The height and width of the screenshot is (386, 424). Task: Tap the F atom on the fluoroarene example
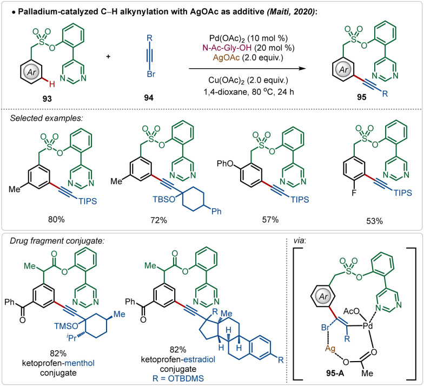pos(323,189)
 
